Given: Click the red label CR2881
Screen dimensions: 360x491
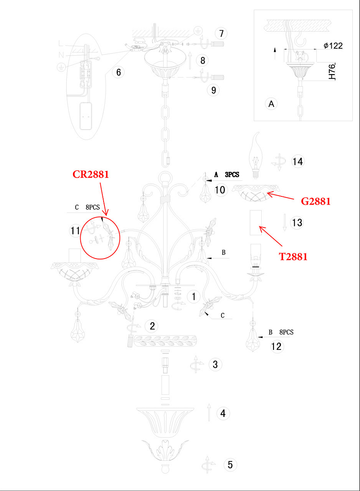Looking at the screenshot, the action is click(91, 174).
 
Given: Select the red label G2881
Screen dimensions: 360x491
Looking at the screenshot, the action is click(315, 201).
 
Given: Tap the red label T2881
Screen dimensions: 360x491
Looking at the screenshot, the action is click(293, 257).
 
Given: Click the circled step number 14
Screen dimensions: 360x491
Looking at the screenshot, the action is click(298, 162).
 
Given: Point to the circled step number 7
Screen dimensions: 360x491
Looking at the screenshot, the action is click(221, 34).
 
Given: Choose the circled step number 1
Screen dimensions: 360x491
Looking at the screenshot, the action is click(194, 297).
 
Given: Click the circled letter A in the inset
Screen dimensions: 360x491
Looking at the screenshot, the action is click(272, 104).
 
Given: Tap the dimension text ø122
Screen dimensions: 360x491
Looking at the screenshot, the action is click(333, 45).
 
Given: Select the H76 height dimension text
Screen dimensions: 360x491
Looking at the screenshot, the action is click(332, 71).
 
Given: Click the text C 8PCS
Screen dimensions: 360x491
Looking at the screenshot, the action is click(87, 207).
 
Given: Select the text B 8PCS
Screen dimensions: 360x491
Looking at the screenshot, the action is click(281, 332).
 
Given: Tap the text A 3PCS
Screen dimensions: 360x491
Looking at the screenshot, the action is click(226, 175).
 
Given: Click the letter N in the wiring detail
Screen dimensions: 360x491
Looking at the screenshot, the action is click(61, 55).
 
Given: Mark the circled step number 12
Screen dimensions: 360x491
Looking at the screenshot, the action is click(276, 347).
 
